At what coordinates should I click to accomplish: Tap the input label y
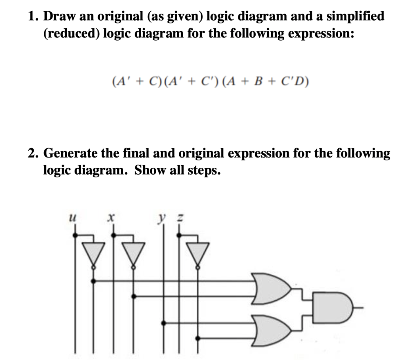click(x=162, y=218)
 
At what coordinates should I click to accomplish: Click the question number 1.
click(x=33, y=16)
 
